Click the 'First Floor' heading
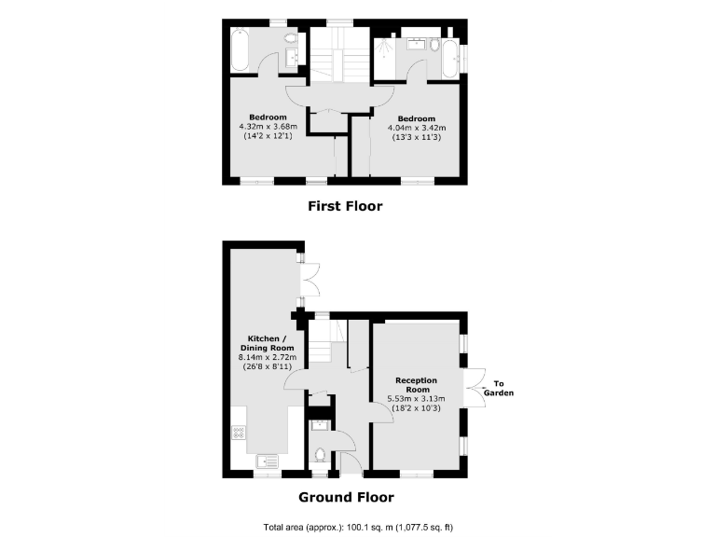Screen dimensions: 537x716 (x=345, y=206)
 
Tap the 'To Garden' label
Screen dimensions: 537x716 (x=504, y=388)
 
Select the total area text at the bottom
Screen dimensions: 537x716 (x=358, y=527)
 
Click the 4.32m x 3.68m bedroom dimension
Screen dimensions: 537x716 (x=268, y=127)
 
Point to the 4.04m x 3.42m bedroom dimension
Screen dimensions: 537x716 (x=417, y=129)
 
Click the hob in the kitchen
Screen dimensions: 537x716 (x=239, y=433)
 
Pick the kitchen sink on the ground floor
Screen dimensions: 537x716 (x=265, y=460)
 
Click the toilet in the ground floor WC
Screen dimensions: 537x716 (x=321, y=456)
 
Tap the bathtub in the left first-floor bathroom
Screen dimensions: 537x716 (x=237, y=51)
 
